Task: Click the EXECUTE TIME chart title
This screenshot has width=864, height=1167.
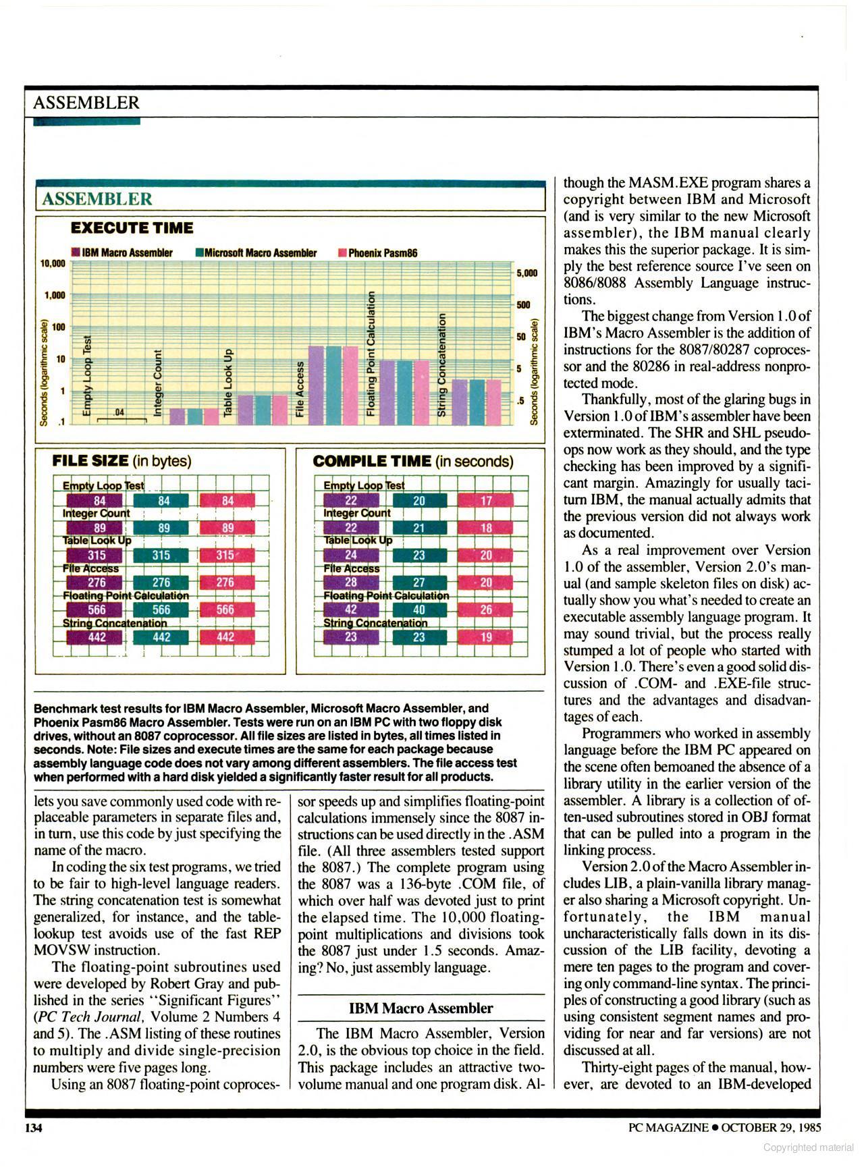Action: coord(132,228)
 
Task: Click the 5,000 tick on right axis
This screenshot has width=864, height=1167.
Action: coord(526,273)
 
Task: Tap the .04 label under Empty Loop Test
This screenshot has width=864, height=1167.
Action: coord(120,412)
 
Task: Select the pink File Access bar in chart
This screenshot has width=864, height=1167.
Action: coord(350,385)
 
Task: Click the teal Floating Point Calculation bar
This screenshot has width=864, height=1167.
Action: coord(404,393)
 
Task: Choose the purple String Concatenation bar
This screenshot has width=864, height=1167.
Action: coord(460,402)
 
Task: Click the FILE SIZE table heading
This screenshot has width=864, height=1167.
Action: coord(122,461)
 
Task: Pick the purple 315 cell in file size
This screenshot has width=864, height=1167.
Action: coord(95,555)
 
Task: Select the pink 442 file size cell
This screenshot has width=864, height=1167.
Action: coord(226,636)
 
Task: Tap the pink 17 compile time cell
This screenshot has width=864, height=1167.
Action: coord(486,501)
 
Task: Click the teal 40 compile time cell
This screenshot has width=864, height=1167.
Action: coord(419,609)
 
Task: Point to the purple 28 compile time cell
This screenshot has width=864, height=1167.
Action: coord(351,582)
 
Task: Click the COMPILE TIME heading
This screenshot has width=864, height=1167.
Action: coord(412,461)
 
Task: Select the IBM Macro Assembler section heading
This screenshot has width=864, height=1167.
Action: coord(421,1008)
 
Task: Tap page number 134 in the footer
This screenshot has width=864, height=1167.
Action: coord(34,1127)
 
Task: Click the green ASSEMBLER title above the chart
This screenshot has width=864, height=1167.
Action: coord(97,199)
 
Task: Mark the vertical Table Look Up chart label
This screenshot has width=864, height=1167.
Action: coord(229,382)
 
